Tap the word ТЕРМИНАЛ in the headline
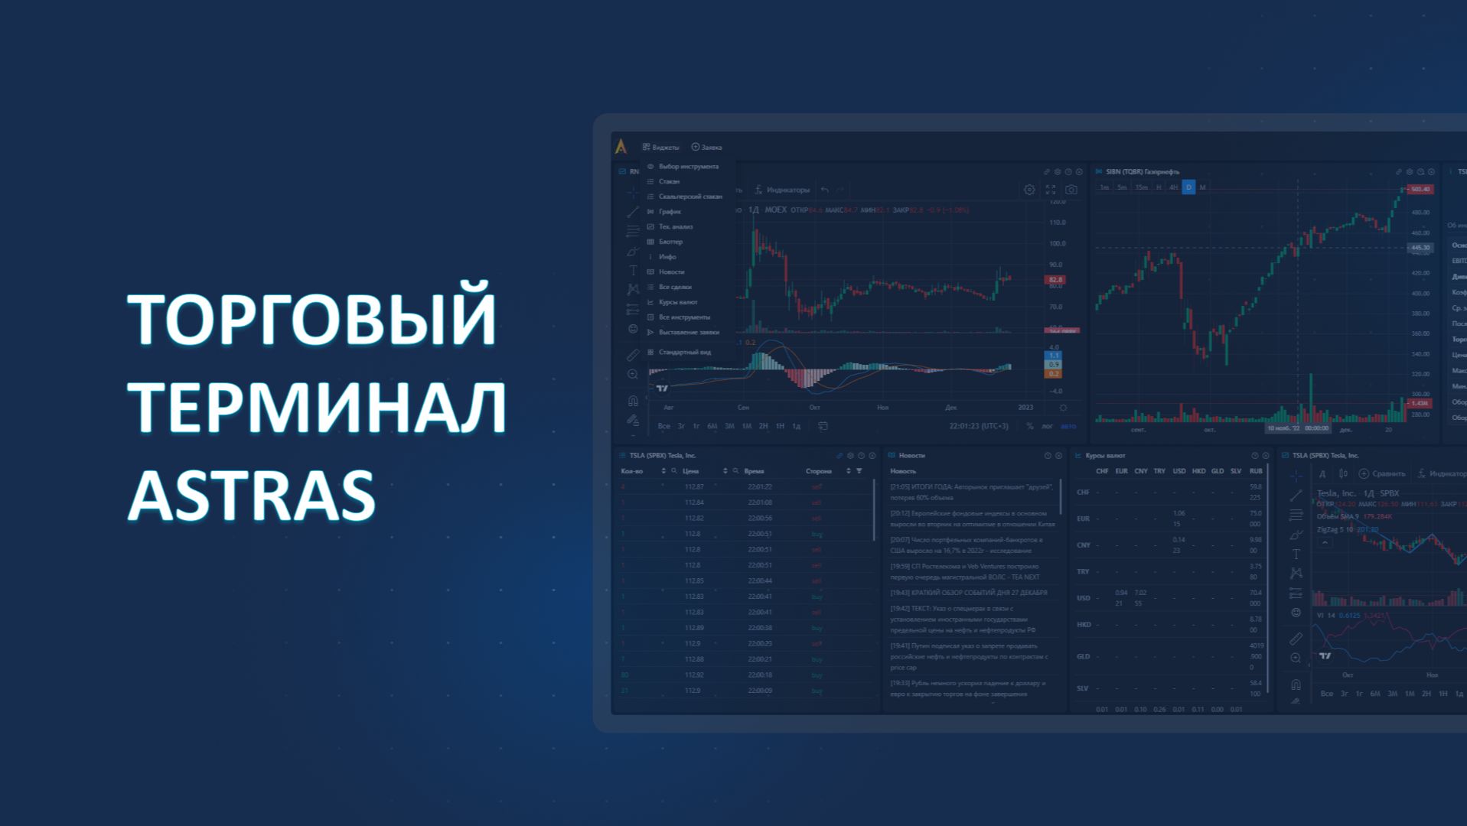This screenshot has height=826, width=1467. coord(317,407)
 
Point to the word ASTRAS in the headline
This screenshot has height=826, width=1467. coord(252,496)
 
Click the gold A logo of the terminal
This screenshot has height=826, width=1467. coord(621,147)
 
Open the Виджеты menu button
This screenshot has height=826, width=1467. coord(660,148)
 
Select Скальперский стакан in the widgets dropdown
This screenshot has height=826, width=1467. coord(689,197)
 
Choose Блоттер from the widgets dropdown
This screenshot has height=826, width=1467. coord(670,242)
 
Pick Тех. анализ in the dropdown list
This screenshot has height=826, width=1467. coord(675,227)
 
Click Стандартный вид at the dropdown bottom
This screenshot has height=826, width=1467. coord(684,353)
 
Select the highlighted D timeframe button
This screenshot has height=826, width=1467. coord(1188,187)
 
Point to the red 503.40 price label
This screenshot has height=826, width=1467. coord(1420,190)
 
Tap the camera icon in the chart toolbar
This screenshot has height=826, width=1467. coord(1071,190)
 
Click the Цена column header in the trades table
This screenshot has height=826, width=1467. coord(690,471)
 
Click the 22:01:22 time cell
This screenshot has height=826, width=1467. coord(759,487)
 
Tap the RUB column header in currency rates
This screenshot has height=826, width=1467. coord(1256,471)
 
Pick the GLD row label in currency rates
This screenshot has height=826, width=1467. coord(1083,657)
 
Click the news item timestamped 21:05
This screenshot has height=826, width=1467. coord(970,491)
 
